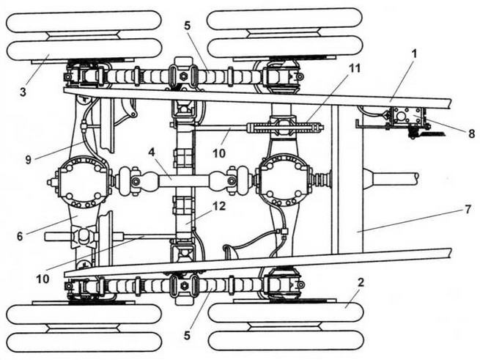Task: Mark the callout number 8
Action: tap(471, 133)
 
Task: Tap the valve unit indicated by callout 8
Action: tap(406, 118)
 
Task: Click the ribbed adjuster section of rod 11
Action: tap(286, 128)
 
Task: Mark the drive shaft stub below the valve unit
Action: tap(391, 178)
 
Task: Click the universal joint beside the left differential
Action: tap(130, 180)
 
